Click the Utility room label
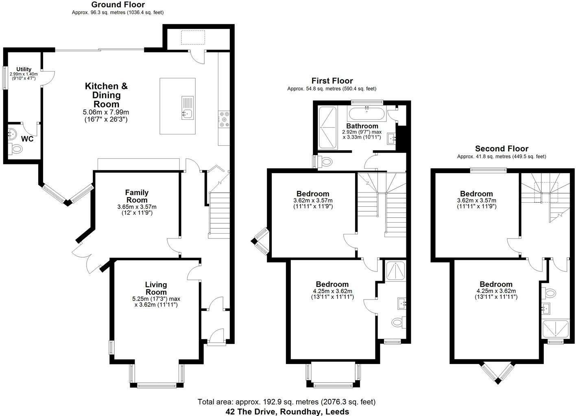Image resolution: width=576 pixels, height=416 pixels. click(x=24, y=69)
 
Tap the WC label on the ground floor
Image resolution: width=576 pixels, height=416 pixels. click(x=27, y=139)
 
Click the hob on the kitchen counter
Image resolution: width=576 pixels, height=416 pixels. click(x=224, y=119)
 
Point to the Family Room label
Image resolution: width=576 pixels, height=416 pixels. click(x=137, y=196)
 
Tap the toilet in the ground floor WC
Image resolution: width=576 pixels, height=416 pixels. click(x=15, y=149)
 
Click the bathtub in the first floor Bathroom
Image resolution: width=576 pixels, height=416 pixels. click(x=367, y=114)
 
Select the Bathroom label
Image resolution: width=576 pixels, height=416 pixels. click(x=362, y=126)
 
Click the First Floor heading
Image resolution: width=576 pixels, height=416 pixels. click(x=332, y=81)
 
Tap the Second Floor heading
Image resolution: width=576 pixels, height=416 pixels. click(x=502, y=148)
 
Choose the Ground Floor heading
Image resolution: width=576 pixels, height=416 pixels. click(x=118, y=4)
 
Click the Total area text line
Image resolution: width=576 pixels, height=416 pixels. click(x=286, y=402)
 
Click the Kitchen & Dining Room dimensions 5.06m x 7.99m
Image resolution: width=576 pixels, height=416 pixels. click(x=106, y=112)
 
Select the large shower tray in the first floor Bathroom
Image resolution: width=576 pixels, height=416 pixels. click(x=327, y=128)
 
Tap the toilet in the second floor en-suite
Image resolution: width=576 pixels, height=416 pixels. click(x=549, y=293)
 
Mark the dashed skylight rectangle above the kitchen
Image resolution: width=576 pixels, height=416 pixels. click(x=193, y=37)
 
